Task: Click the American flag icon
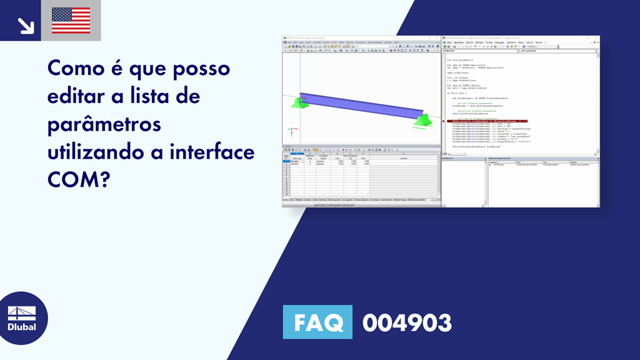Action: point(71,21)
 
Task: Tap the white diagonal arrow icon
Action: point(25,24)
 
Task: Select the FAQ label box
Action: point(317,322)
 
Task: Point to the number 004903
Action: point(407,323)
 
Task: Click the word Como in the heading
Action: point(77,68)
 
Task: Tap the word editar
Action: point(79,96)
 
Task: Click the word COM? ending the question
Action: point(78,180)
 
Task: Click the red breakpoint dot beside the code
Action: point(444,121)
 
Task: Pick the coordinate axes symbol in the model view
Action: point(289,132)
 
